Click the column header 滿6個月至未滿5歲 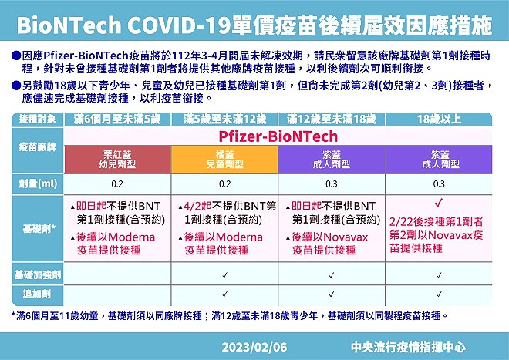[x=117, y=119]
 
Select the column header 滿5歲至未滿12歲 [x=224, y=119]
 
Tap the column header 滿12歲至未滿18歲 [x=332, y=119]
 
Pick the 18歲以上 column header [x=439, y=119]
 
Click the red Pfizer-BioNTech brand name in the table [x=278, y=136]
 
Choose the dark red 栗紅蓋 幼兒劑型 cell [x=117, y=160]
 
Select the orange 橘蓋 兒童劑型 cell [x=224, y=160]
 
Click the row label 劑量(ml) [x=38, y=184]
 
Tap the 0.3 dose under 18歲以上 [x=439, y=184]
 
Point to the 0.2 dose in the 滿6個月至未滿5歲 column [x=117, y=184]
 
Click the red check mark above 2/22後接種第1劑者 [x=439, y=204]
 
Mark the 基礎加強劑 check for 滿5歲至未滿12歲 [x=224, y=275]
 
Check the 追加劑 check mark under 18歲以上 [x=439, y=294]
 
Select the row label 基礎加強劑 [x=38, y=275]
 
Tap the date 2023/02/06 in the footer [x=254, y=348]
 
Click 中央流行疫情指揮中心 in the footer [x=408, y=348]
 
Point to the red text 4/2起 [x=197, y=206]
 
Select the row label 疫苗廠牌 [x=37, y=147]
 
